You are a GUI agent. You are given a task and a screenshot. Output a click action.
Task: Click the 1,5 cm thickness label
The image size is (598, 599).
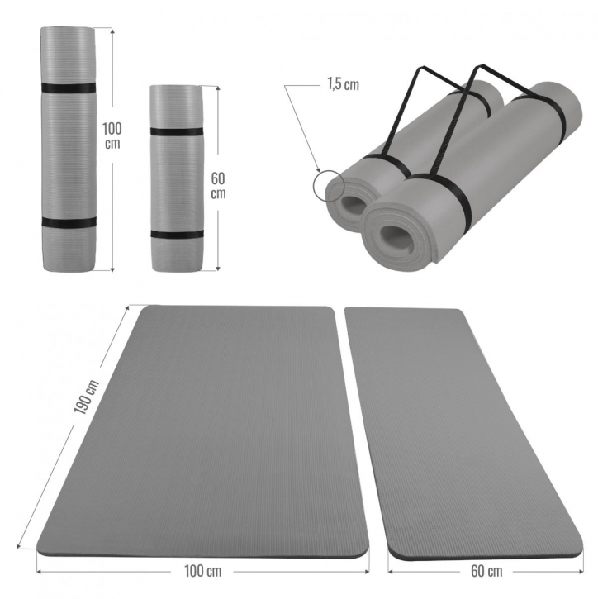pyautogui.click(x=343, y=84)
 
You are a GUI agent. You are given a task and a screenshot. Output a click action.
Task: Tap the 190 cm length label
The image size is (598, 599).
pyautogui.click(x=87, y=397)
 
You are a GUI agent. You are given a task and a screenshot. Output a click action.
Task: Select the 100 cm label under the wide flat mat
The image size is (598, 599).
pyautogui.click(x=202, y=571)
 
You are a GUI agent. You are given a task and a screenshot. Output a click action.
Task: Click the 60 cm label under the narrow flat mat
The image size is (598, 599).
pyautogui.click(x=486, y=571)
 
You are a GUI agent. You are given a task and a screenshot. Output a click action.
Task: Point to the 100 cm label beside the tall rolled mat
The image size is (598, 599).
pyautogui.click(x=112, y=136)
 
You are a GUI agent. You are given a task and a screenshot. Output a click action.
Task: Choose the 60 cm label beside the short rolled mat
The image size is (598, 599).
pyautogui.click(x=218, y=186)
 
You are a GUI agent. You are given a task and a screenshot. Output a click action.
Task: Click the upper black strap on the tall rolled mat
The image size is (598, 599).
pyautogui.click(x=69, y=88)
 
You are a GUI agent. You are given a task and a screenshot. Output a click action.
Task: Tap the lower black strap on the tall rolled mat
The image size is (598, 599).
pyautogui.click(x=69, y=223)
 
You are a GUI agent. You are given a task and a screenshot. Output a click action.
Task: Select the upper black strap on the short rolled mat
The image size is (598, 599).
pyautogui.click(x=177, y=132)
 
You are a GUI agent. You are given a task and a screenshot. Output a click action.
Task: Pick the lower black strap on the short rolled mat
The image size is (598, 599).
pyautogui.click(x=177, y=234)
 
